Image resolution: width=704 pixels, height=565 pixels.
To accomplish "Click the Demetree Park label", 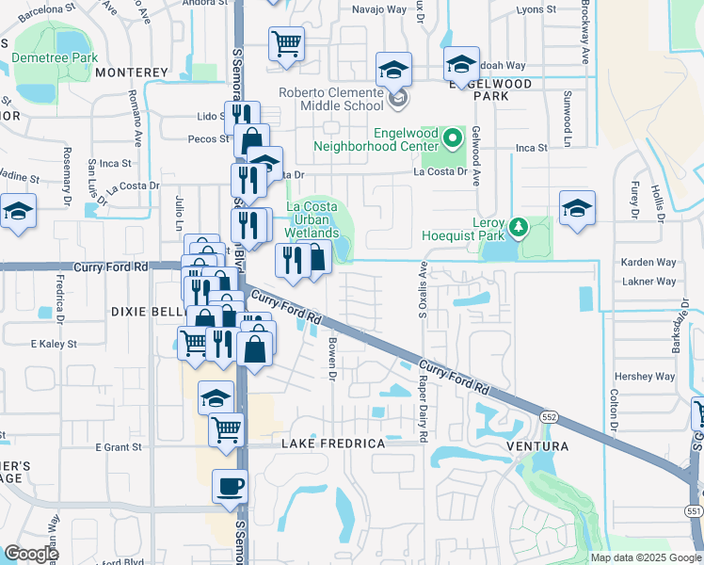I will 55,58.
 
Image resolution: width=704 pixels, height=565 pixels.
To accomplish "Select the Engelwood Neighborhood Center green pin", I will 453,139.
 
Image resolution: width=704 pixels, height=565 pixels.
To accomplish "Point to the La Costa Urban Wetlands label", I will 312,219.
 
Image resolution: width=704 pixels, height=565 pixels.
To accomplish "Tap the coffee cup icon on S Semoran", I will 229,487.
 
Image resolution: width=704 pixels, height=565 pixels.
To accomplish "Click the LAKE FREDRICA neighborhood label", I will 333,444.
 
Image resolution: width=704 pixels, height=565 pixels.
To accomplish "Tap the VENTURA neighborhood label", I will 536,445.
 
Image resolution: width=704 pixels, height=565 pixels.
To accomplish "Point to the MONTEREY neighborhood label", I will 131,73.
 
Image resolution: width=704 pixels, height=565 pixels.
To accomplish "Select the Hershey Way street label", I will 646,377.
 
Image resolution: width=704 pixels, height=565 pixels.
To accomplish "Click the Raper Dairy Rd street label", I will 424,411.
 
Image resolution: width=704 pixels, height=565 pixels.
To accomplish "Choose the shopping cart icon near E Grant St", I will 227,429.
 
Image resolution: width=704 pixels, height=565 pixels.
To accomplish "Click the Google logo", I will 31,554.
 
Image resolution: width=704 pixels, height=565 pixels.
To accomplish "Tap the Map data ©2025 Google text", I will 645,557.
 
